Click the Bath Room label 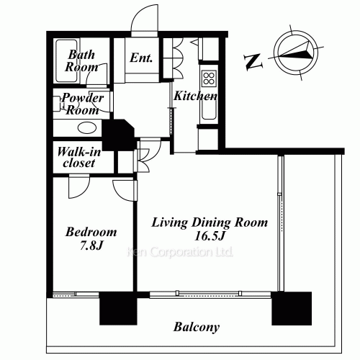click(x=82, y=60)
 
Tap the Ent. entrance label click(x=140, y=58)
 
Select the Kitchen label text click(x=194, y=96)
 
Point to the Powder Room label click(x=81, y=104)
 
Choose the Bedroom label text click(x=90, y=233)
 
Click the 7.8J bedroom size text click(x=90, y=246)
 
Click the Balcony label click(x=197, y=328)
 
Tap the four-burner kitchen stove click(x=210, y=78)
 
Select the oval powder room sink click(x=87, y=128)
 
